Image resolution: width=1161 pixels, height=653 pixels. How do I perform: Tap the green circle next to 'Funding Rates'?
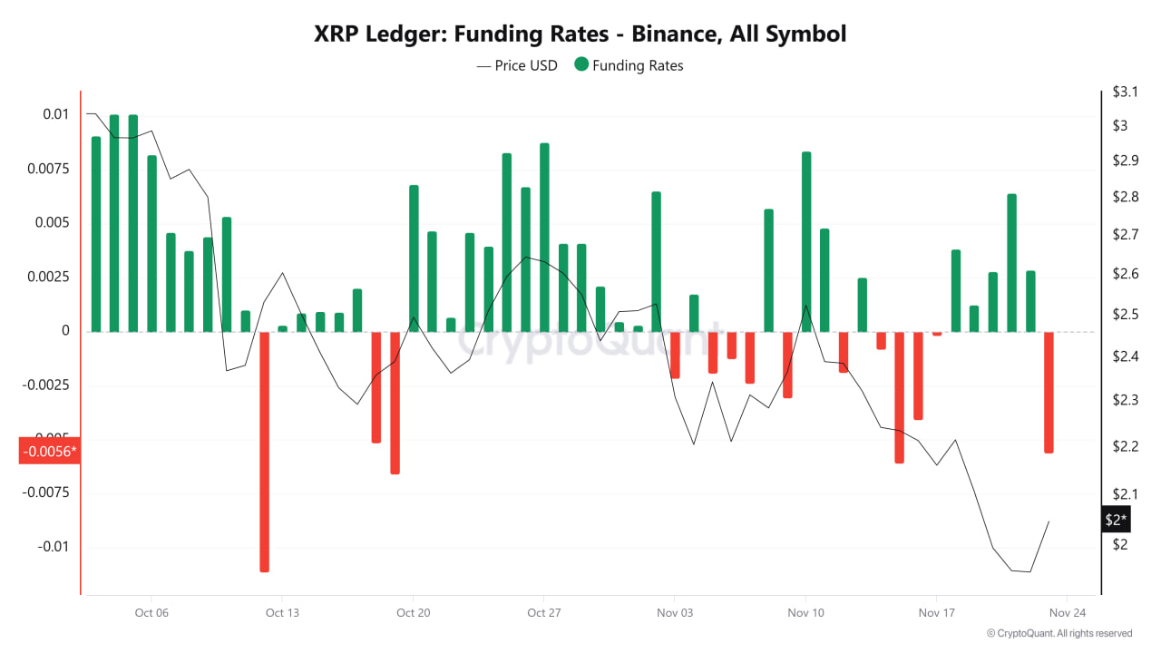pos(580,65)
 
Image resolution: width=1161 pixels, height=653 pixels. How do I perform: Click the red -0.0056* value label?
pos(50,452)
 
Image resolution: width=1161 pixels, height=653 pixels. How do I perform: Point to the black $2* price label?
pos(1116,520)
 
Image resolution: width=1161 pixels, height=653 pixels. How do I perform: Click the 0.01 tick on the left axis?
pos(54,114)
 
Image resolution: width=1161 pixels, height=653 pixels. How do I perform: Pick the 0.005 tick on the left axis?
pos(52,222)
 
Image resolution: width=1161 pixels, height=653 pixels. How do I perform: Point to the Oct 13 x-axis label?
pos(282,613)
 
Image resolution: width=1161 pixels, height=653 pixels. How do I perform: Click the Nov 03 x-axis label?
pos(675,613)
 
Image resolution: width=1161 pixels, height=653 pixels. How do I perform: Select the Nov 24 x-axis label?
pos(1068,613)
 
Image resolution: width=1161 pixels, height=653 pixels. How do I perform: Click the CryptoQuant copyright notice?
pos(1059,633)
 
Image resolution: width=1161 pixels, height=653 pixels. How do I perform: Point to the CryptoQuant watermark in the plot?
pos(590,343)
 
